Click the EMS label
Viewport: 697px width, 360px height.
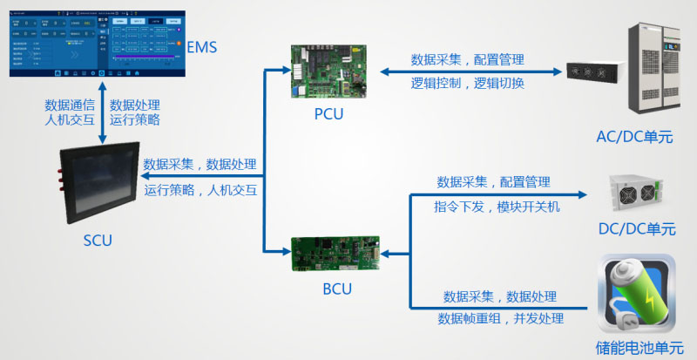tap(203, 46)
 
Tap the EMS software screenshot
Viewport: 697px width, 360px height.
tap(92, 40)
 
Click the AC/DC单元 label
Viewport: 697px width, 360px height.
tap(634, 137)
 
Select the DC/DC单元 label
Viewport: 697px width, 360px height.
tap(637, 229)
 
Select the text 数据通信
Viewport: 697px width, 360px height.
tap(71, 105)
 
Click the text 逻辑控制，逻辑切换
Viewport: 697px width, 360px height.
tap(468, 84)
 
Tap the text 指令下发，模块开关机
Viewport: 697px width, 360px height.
tap(497, 207)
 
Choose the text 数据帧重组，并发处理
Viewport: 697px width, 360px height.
tap(501, 318)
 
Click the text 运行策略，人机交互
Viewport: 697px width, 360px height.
tap(200, 190)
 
